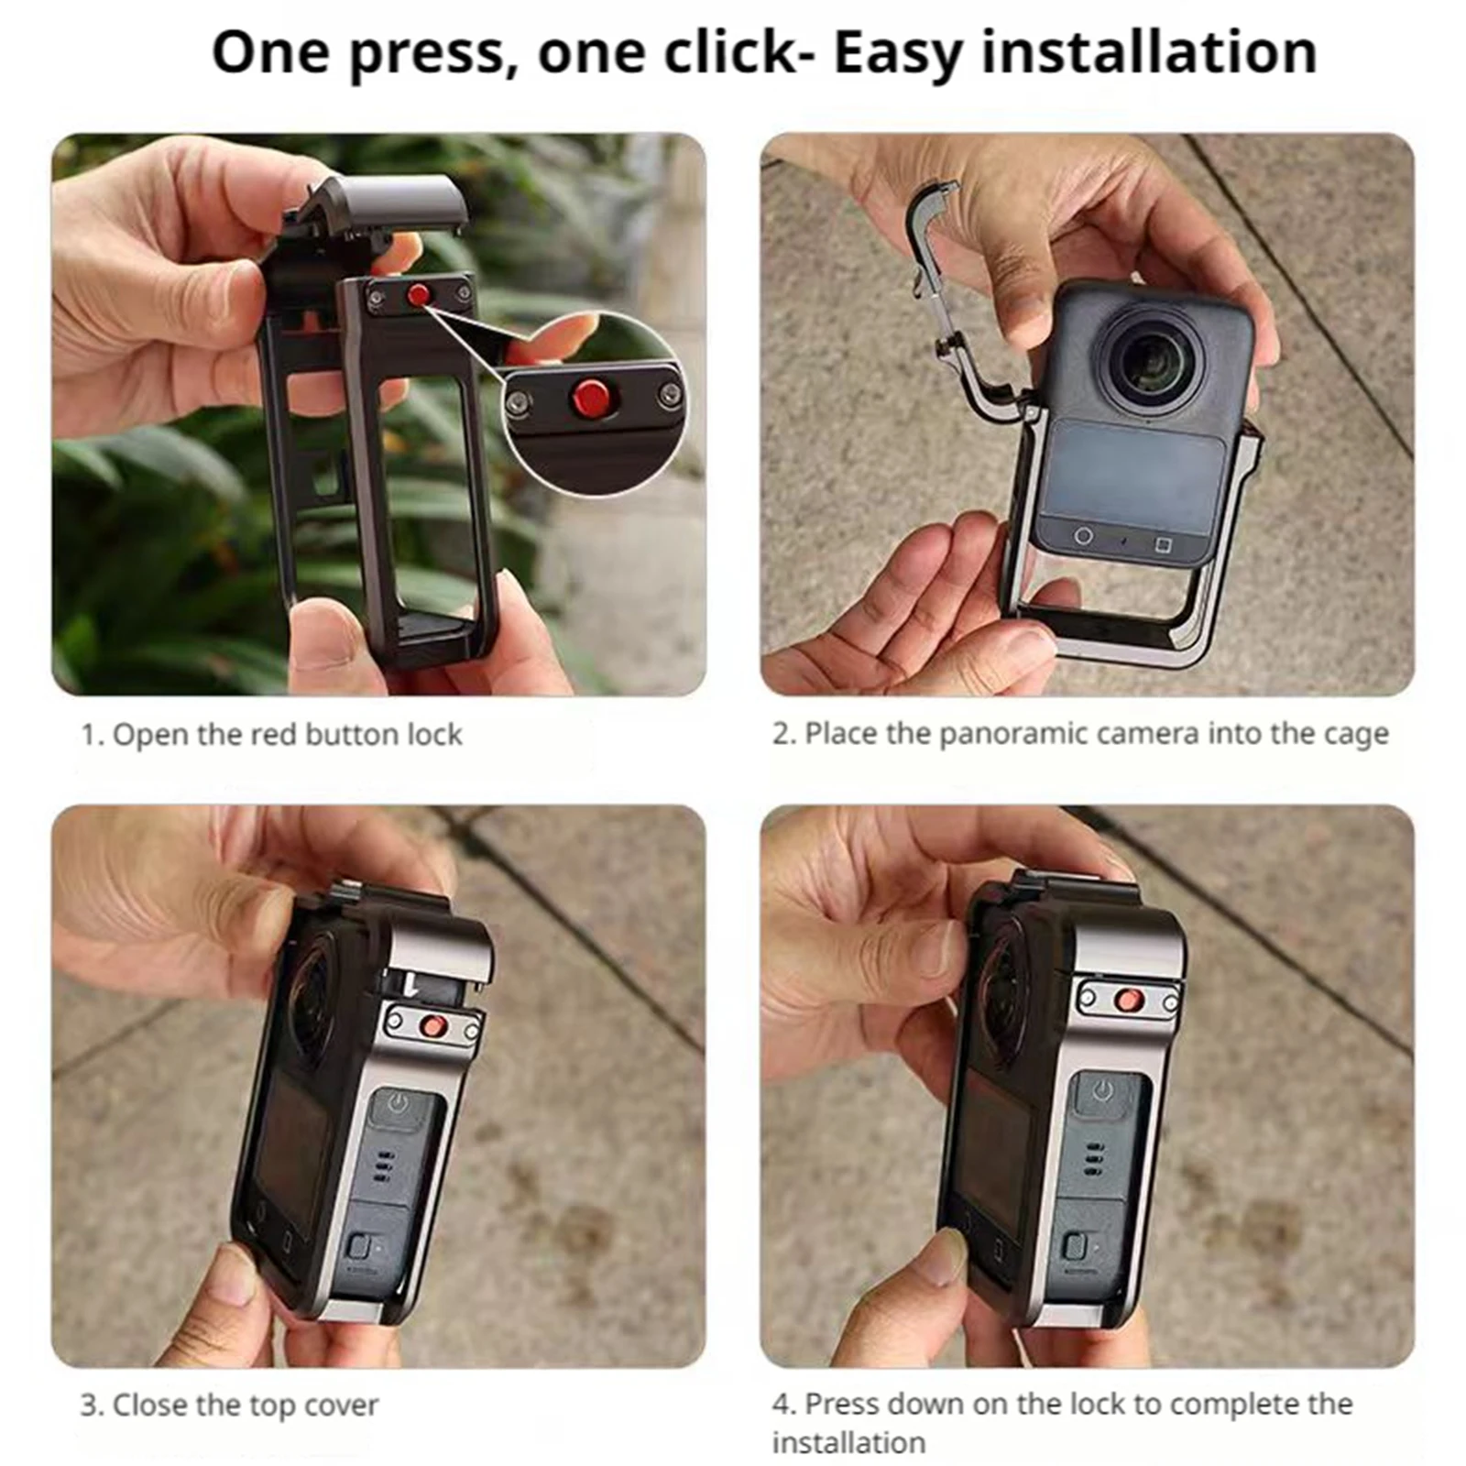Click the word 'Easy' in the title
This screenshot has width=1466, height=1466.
click(899, 53)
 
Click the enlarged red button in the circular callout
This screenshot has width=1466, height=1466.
click(590, 397)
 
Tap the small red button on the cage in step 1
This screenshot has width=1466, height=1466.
click(418, 295)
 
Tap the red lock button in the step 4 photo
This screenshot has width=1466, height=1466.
click(1129, 1000)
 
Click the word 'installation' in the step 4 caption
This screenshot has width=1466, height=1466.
click(848, 1442)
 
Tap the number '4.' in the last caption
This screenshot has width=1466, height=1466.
click(783, 1404)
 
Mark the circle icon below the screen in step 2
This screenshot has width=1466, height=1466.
click(1083, 535)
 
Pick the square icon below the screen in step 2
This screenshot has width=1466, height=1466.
click(1163, 545)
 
